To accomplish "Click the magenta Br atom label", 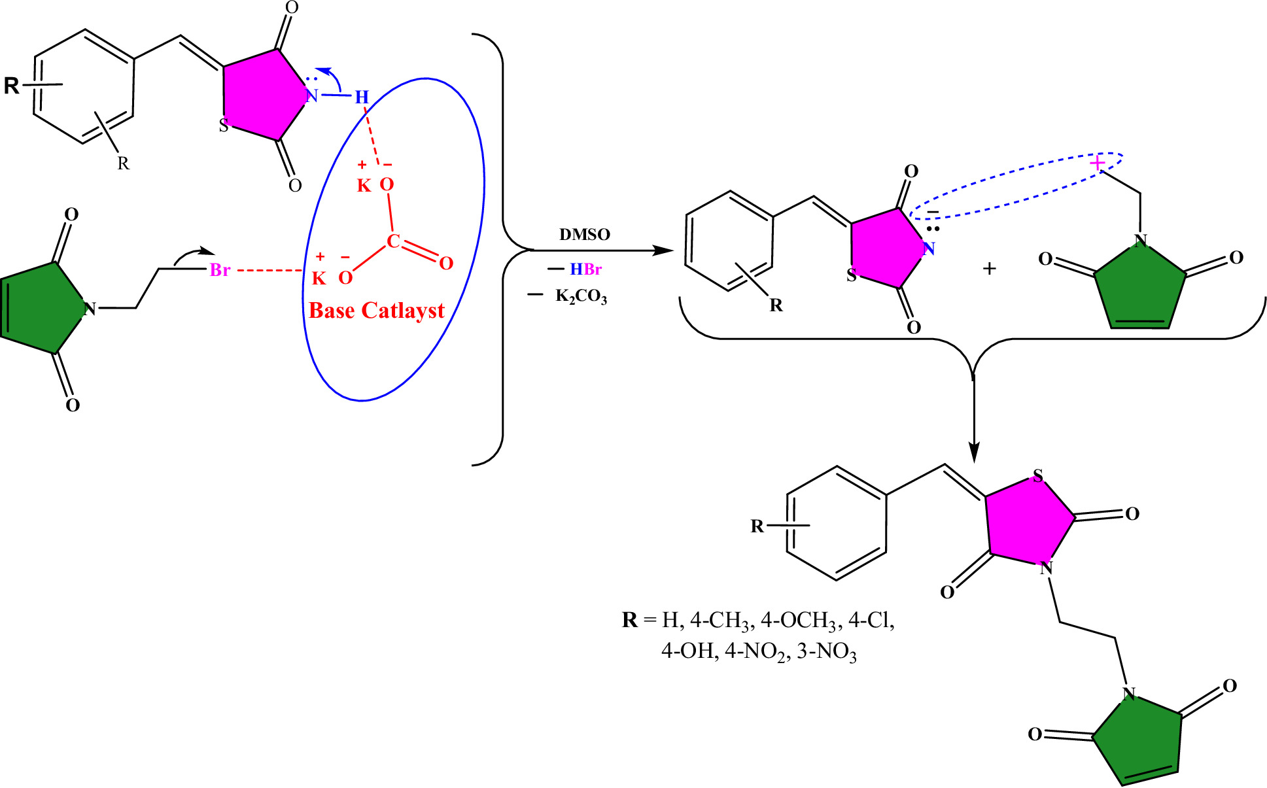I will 220,270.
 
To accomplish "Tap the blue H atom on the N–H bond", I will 362,98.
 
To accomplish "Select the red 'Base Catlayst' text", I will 376,311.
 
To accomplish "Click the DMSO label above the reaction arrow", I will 584,235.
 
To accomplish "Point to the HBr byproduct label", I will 585,269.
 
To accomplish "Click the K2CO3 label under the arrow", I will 581,296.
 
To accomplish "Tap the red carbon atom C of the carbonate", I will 392,241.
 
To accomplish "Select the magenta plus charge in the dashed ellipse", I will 1097,163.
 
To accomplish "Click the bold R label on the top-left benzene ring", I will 12,86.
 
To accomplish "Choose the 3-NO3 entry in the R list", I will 827,652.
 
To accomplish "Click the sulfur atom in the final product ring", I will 1037,475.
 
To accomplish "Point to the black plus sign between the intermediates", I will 989,269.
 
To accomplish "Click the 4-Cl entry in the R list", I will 871,620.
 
